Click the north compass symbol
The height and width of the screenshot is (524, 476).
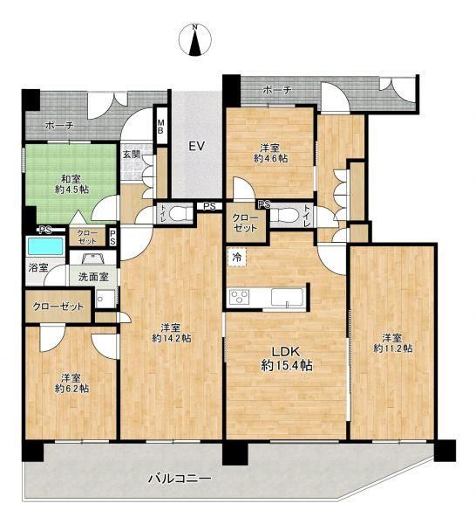195,40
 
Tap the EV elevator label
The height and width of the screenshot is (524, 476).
196,147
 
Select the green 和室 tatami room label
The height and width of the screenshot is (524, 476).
71,184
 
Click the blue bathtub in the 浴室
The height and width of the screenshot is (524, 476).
45,246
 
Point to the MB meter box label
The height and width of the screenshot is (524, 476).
160,126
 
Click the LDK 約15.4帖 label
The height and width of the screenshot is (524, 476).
287,359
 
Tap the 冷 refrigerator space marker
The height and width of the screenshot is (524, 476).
237,258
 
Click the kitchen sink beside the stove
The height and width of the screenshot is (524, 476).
287,297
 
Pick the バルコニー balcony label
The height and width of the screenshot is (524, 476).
180,479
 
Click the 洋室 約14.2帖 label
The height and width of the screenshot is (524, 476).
172,333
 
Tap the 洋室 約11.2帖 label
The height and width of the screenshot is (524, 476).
393,343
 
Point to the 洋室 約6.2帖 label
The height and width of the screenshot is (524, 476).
71,383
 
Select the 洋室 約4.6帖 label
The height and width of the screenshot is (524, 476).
271,153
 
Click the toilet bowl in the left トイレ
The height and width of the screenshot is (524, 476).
180,213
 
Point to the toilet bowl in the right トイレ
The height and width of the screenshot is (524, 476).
282,215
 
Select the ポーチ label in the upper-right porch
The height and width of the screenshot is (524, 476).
277,90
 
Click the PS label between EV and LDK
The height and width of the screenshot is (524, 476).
210,206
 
